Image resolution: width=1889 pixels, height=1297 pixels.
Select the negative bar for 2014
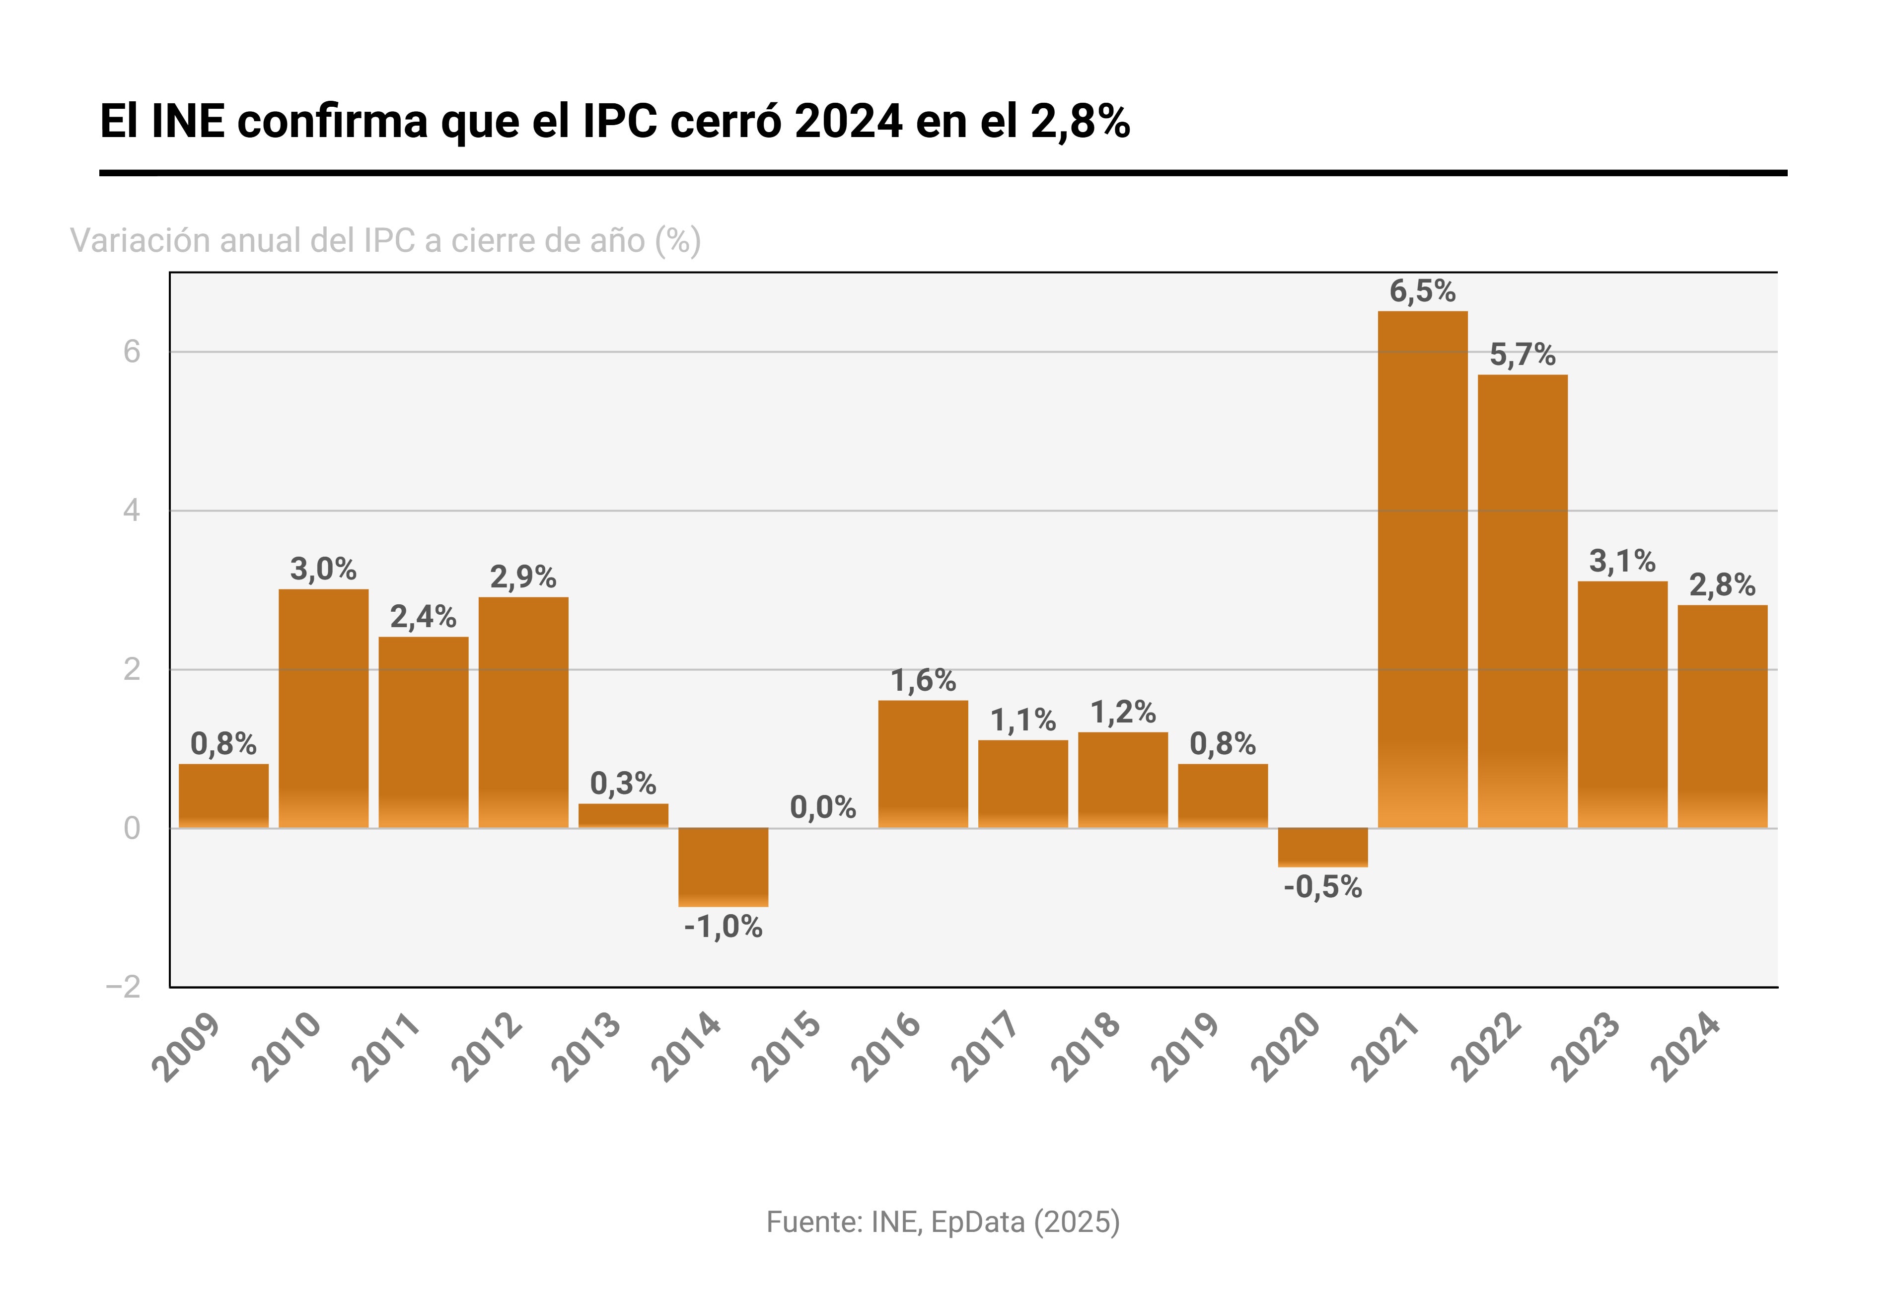click(724, 867)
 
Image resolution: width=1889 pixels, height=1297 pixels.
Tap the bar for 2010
click(323, 709)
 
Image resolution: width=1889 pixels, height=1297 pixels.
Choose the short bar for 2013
click(623, 816)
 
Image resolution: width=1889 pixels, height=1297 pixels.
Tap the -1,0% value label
click(724, 927)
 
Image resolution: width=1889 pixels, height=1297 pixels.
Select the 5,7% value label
click(1523, 355)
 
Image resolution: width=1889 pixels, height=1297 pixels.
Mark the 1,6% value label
click(923, 680)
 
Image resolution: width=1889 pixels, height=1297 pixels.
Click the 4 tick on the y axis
click(132, 511)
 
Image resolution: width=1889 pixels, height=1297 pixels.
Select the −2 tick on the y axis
click(124, 987)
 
